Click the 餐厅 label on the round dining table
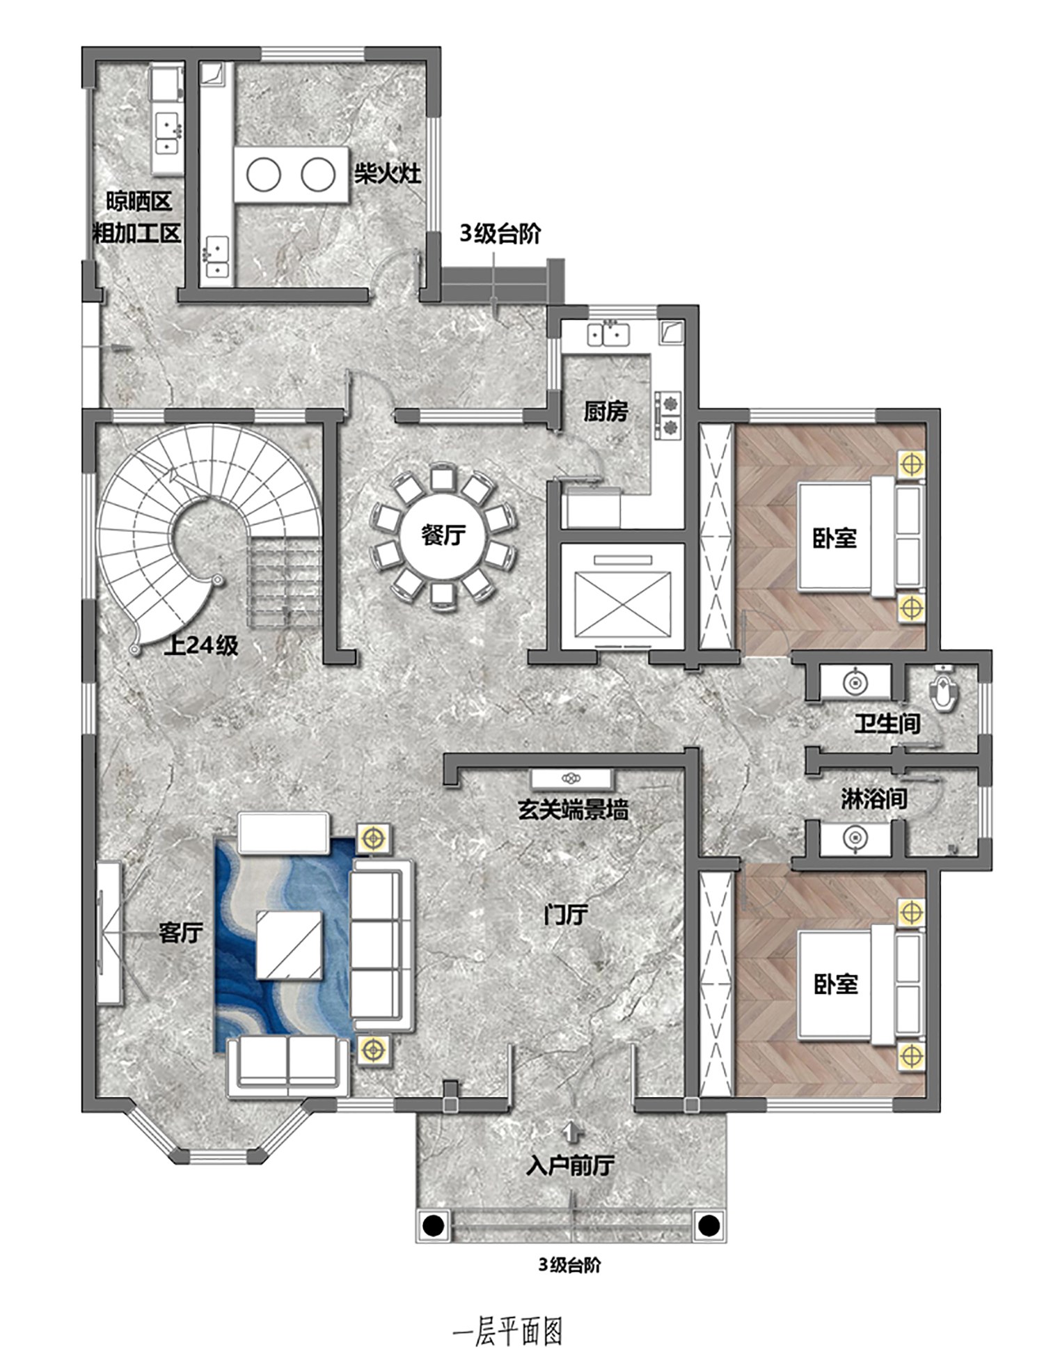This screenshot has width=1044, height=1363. (x=443, y=535)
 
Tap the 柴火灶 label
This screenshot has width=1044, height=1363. (x=388, y=173)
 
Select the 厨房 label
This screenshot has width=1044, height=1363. (x=606, y=411)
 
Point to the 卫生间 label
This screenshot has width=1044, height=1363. (x=887, y=723)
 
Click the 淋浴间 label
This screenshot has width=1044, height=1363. (x=874, y=798)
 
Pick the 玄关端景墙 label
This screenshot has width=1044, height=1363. (x=573, y=810)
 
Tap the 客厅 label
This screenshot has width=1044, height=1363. (x=181, y=932)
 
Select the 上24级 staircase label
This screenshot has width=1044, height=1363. (x=201, y=645)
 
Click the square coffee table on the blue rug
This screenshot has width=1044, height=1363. (x=289, y=945)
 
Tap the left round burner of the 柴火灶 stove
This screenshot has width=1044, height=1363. (x=264, y=175)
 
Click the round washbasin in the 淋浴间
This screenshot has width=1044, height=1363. (x=855, y=838)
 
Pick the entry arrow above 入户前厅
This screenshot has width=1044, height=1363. (x=572, y=1131)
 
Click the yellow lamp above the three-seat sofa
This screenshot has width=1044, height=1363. (x=374, y=838)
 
